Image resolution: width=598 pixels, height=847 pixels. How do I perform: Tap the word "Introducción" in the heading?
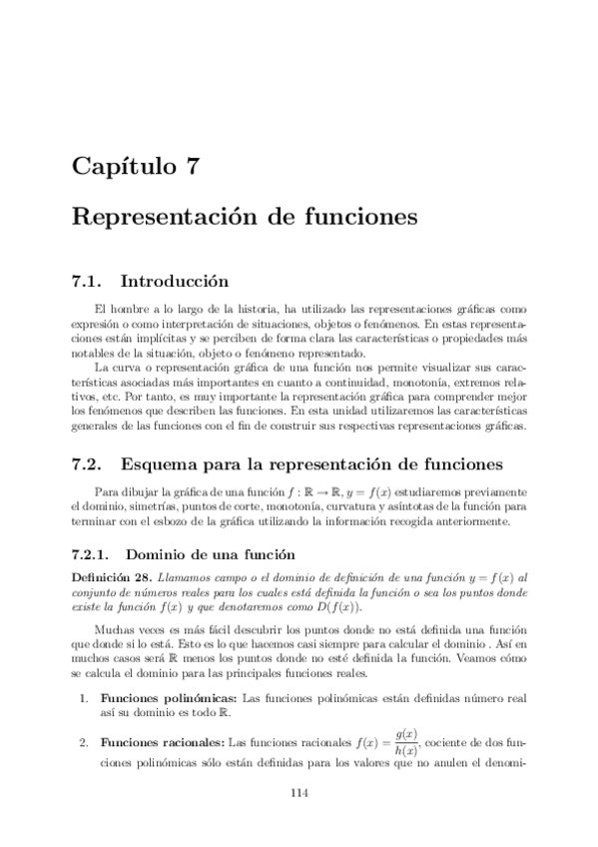175,281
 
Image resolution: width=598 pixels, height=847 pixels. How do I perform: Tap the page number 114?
299,793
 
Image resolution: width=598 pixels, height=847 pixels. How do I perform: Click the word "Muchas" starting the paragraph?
111,632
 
